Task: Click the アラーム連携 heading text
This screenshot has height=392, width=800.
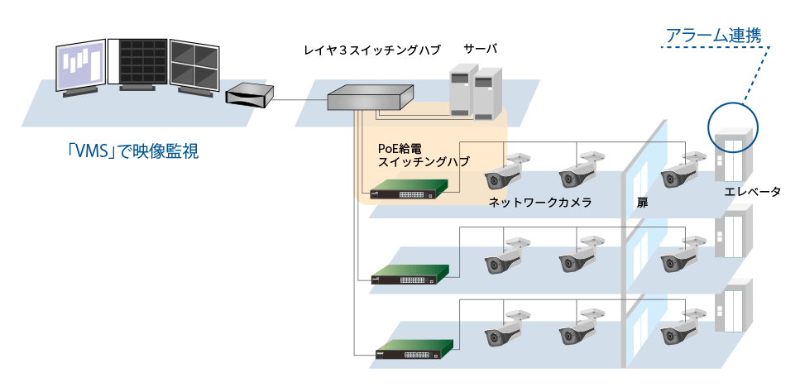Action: tap(713, 36)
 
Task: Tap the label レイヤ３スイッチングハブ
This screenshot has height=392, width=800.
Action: tap(371, 50)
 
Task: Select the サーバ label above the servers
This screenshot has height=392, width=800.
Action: tap(480, 50)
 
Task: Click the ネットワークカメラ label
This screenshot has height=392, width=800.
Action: tap(540, 203)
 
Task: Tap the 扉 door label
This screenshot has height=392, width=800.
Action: tap(642, 203)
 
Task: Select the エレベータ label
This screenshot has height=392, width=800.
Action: tap(753, 192)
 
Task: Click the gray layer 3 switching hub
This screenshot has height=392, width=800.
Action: tap(370, 98)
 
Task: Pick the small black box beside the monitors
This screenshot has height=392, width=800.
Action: tap(250, 95)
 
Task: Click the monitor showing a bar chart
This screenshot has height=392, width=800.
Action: tap(81, 67)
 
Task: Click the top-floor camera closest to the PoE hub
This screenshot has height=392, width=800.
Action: tap(505, 171)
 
